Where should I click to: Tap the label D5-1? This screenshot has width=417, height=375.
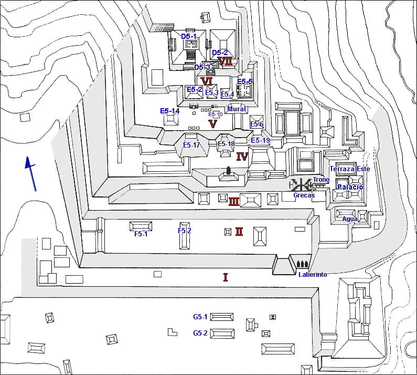click(188, 36)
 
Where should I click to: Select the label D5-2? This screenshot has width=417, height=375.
click(220, 53)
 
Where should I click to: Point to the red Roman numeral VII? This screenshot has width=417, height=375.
click(225, 61)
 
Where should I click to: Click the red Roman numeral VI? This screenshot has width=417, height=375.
click(207, 81)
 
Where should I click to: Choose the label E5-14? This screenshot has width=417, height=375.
click(170, 111)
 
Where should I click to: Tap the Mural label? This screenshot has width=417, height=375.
click(237, 109)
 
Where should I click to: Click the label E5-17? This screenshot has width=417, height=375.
click(191, 145)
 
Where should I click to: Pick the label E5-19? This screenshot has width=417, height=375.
click(260, 140)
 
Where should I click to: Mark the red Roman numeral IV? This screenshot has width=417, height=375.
click(242, 157)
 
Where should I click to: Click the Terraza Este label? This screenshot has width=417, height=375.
click(349, 169)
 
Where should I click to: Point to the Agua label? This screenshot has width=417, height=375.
click(350, 219)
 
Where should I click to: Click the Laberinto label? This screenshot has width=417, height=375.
click(313, 274)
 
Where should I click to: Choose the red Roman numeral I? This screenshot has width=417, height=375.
click(226, 277)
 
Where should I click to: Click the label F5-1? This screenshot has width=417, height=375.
click(140, 234)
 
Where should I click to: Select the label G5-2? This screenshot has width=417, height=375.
click(200, 333)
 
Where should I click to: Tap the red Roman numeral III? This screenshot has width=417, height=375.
click(234, 201)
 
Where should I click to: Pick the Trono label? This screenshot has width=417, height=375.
click(322, 180)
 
